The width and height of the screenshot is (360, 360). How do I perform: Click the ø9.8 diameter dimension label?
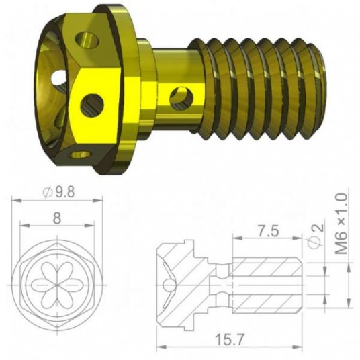tap(59, 191)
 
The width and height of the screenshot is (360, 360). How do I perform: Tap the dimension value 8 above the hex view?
tap(57, 218)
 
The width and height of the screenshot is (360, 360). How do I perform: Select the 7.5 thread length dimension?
tap(267, 231)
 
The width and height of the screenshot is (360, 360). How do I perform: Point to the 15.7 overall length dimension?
tap(229, 340)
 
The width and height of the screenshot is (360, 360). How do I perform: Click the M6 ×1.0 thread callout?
tap(341, 224)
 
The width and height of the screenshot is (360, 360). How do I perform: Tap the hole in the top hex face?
tap(88, 40)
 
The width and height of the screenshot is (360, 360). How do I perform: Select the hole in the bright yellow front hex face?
tap(92, 105)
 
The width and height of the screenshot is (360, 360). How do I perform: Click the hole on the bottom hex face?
tap(81, 155)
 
